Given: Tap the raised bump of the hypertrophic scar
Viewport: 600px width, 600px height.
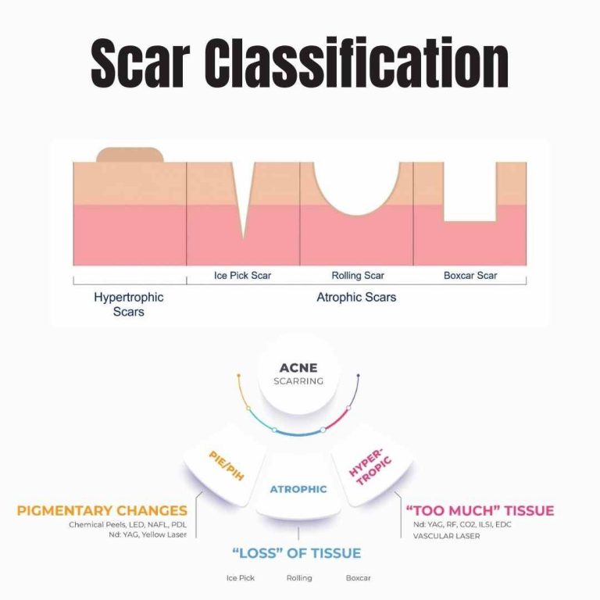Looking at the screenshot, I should click(x=130, y=154).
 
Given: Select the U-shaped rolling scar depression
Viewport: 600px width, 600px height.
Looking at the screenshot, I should click(x=356, y=187).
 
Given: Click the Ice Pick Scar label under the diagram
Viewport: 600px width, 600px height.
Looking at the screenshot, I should click(x=244, y=276).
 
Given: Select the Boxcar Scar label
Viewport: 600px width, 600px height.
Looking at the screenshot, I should click(x=470, y=276).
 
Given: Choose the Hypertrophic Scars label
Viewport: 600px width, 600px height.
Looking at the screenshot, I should click(x=129, y=305).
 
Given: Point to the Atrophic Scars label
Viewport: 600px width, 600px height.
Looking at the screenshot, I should click(x=356, y=298).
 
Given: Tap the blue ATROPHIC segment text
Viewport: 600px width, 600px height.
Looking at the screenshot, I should click(x=298, y=490).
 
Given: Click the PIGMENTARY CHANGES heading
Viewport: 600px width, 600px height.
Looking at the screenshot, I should click(x=102, y=512).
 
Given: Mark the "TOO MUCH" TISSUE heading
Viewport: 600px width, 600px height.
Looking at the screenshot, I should click(x=480, y=511).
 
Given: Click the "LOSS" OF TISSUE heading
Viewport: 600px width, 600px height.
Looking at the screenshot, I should click(x=297, y=553).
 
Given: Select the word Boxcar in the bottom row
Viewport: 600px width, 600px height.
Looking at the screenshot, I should click(x=358, y=578).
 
